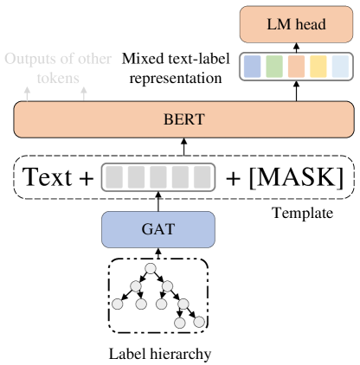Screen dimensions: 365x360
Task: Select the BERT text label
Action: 183,119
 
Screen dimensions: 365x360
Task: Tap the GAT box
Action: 157,229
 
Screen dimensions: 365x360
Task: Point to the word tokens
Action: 58,78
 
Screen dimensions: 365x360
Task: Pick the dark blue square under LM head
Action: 252,67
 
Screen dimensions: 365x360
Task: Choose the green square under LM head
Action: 274,67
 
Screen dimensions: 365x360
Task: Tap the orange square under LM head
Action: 296,67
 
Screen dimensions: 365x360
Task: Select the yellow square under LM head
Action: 318,67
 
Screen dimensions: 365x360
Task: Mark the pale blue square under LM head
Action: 340,67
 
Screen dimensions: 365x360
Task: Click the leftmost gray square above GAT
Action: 114,177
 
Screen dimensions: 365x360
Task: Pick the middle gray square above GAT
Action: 158,177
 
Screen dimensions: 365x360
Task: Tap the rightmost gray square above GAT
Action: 202,177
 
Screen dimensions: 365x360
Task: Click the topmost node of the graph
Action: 151,269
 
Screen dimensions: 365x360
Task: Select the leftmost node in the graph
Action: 118,304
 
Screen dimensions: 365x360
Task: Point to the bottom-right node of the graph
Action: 199,323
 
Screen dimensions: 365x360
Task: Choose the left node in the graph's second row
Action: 135,286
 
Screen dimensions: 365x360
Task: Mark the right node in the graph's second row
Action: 167,286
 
